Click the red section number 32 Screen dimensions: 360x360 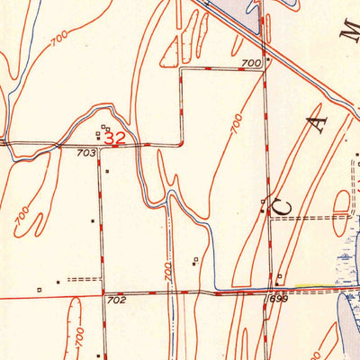point(114,139)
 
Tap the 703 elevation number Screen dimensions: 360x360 point(85,154)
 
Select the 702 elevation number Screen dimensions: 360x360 point(115,299)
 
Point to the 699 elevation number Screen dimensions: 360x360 point(276,297)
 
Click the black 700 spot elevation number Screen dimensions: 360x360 point(251,63)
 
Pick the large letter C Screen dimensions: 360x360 point(282,205)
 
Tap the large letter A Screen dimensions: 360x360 point(320,123)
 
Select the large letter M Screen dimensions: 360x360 point(349,33)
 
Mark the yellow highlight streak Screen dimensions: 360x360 point(312,288)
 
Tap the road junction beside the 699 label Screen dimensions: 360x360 point(269,292)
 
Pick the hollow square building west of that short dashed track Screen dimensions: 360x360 point(40,289)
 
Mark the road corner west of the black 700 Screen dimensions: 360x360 point(181,68)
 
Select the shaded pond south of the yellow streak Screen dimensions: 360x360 point(346,315)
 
